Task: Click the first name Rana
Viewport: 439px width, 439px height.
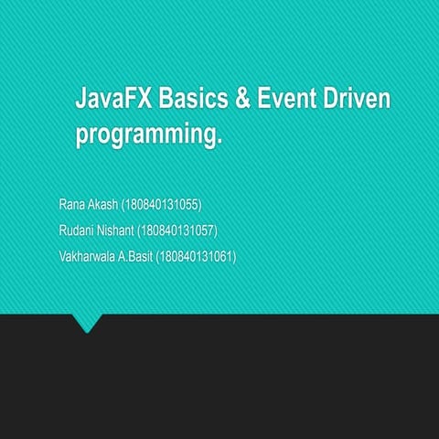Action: pyautogui.click(x=73, y=203)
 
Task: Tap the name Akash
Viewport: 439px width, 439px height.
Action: pyautogui.click(x=104, y=203)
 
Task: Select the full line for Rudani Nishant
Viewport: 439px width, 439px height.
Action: pyautogui.click(x=137, y=230)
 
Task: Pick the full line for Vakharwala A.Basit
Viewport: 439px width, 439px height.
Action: pyautogui.click(x=147, y=257)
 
